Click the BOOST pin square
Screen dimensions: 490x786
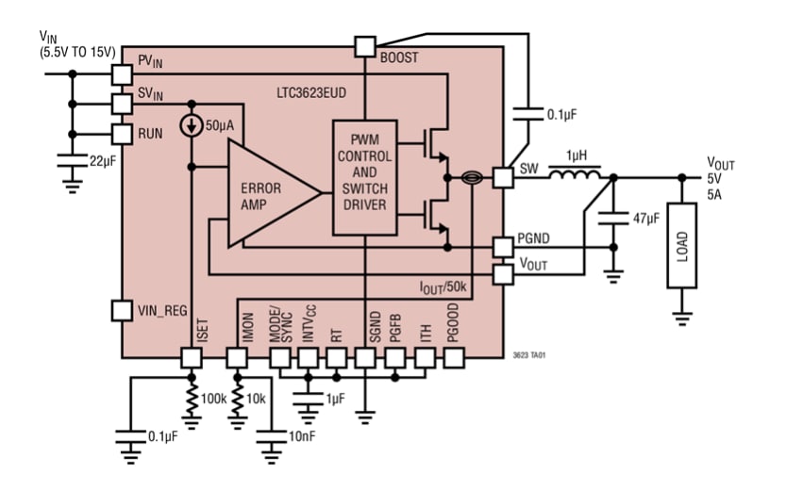(x=364, y=46)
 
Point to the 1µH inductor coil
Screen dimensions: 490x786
(x=575, y=175)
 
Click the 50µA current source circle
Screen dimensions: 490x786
(x=192, y=125)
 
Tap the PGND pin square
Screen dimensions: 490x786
(x=504, y=247)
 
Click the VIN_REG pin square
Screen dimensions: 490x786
(x=121, y=309)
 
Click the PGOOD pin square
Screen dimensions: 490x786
(x=454, y=358)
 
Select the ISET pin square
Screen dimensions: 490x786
(x=192, y=358)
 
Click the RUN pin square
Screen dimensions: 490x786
(x=121, y=134)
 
